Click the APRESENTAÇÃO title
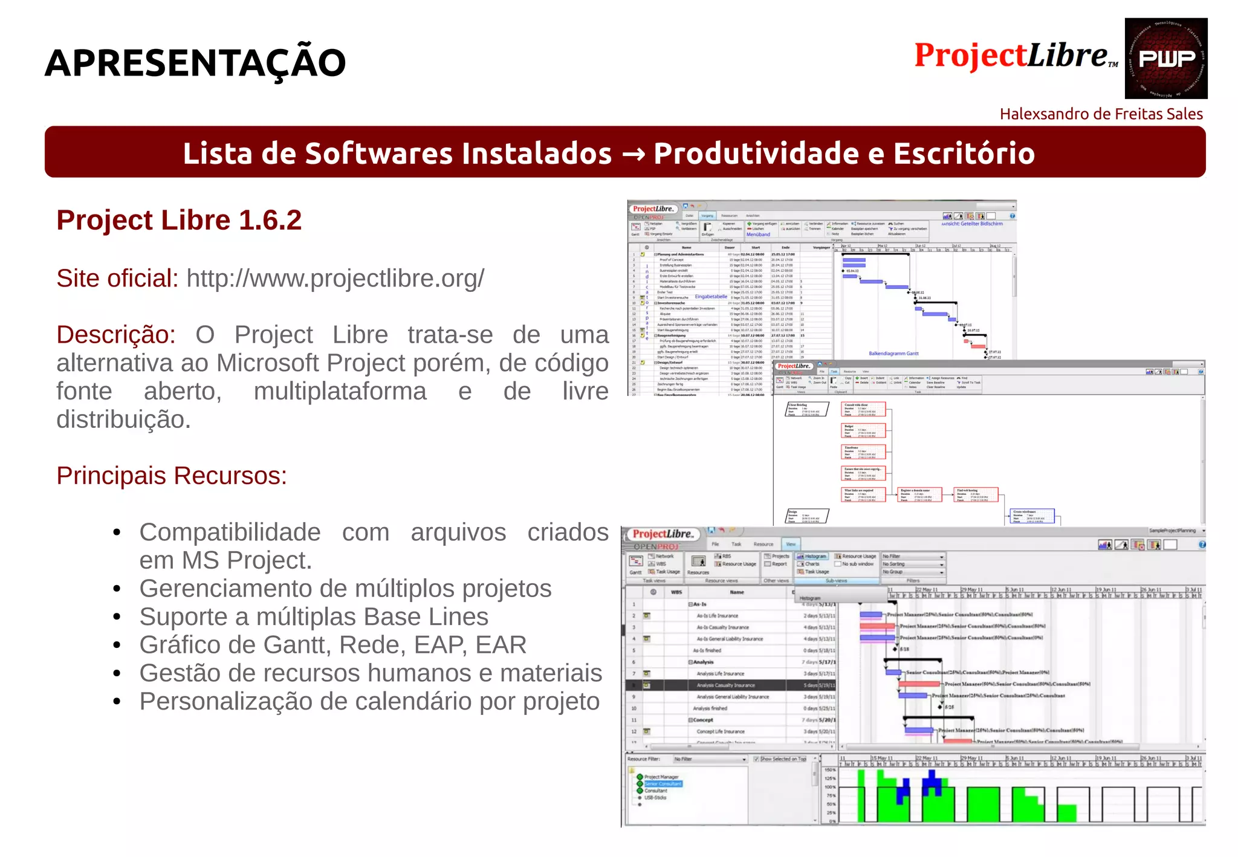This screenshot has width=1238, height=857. (x=195, y=63)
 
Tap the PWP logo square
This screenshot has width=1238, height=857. (x=1165, y=59)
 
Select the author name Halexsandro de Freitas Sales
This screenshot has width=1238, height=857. (x=1101, y=114)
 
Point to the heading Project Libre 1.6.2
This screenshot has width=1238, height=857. (x=179, y=221)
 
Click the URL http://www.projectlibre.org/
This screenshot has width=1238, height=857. (x=335, y=279)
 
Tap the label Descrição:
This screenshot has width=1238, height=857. (x=116, y=335)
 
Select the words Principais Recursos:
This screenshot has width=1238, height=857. (x=172, y=476)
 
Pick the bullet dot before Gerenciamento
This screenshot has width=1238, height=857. (x=117, y=589)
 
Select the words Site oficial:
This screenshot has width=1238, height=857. (x=117, y=279)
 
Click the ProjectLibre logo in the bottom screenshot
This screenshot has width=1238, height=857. (x=662, y=534)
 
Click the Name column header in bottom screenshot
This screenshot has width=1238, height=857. (x=736, y=592)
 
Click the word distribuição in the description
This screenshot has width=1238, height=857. (x=123, y=419)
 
